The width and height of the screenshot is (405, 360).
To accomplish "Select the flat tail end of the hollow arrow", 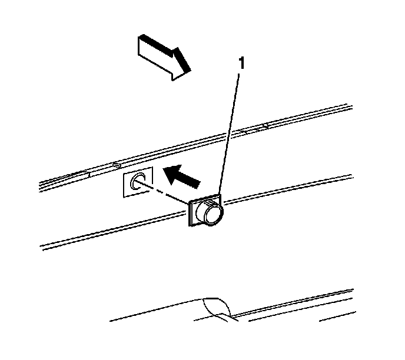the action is [x=140, y=46].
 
